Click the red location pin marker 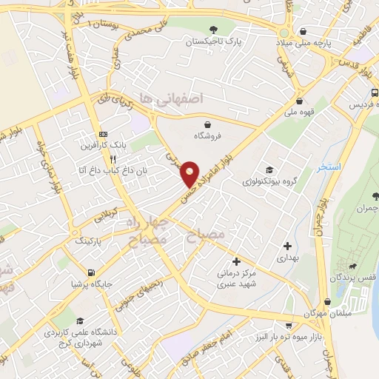click(190, 173)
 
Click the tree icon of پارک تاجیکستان click(213, 30)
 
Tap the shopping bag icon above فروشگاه click(207, 124)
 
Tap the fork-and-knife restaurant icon click(113, 158)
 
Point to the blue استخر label click(329, 167)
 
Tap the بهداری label click(286, 258)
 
